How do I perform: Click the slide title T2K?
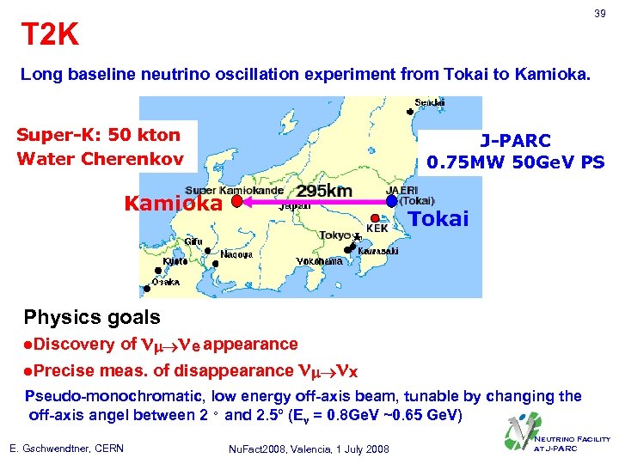50,34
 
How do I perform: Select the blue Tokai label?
438,219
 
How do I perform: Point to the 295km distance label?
325,190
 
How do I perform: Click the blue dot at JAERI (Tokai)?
392,201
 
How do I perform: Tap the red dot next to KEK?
375,217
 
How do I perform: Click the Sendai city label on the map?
430,102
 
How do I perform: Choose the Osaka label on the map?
166,282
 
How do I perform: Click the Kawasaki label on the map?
378,251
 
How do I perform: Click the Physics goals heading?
92,317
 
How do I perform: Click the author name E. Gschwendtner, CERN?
67,449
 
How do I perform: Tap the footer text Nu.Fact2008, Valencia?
309,449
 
